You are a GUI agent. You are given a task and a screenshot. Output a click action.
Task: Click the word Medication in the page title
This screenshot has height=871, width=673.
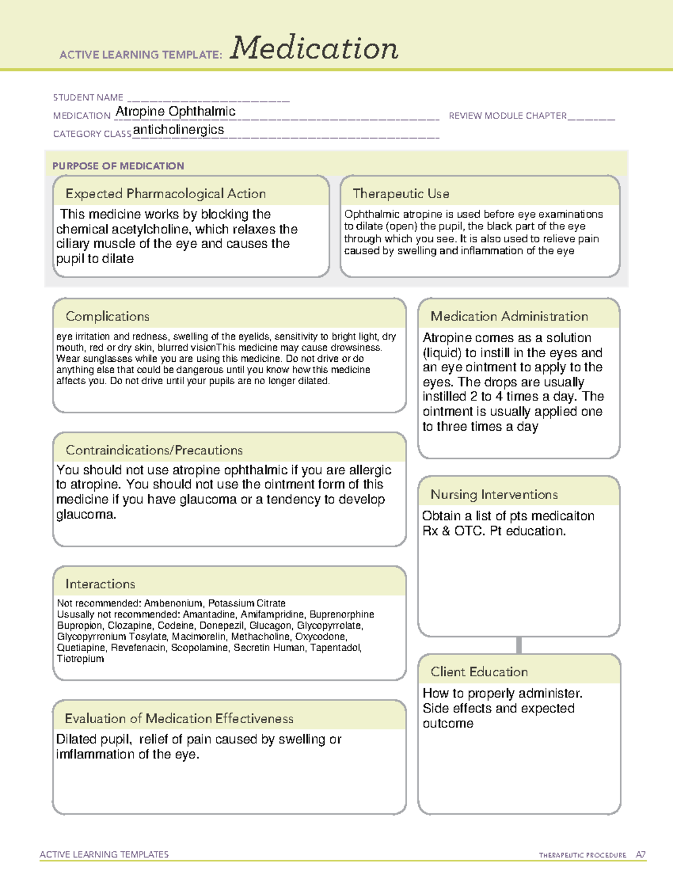[x=314, y=48]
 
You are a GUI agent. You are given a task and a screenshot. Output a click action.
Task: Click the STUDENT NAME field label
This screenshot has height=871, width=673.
[x=88, y=98]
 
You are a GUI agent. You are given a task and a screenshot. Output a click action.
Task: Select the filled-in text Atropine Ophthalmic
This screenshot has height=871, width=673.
[x=175, y=112]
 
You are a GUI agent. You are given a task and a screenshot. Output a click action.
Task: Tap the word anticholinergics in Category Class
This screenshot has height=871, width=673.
[x=178, y=130]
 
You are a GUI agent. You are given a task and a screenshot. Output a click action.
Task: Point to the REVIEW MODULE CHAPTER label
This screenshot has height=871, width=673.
[x=508, y=116]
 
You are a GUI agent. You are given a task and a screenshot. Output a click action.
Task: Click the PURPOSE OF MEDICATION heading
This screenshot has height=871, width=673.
[x=118, y=166]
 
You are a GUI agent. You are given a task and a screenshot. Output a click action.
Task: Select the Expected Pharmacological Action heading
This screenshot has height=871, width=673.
[x=165, y=194]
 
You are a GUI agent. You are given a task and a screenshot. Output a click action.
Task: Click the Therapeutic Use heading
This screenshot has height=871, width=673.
[x=401, y=194]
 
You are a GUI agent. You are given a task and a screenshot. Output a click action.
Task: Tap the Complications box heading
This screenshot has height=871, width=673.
[x=107, y=317]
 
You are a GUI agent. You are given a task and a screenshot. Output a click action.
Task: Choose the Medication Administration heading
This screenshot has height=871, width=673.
[x=509, y=317]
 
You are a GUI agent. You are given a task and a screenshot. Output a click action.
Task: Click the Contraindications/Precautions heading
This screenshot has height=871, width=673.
[x=154, y=450]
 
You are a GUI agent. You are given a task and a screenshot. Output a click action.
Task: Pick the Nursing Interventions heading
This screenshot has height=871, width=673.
[x=494, y=495]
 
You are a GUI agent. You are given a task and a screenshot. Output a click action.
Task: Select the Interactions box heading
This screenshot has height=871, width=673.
[x=100, y=584]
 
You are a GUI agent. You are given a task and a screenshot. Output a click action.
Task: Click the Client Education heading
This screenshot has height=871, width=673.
[x=479, y=672]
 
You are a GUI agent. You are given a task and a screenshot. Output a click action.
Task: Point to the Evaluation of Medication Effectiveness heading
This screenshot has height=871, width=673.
[x=179, y=719]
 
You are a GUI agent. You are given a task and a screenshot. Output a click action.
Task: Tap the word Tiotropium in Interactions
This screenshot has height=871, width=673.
[x=80, y=659]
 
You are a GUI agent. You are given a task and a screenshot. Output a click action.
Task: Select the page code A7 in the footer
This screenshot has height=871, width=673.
[x=640, y=855]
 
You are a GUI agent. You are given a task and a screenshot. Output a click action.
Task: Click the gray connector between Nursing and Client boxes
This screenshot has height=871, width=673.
[x=519, y=645]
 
